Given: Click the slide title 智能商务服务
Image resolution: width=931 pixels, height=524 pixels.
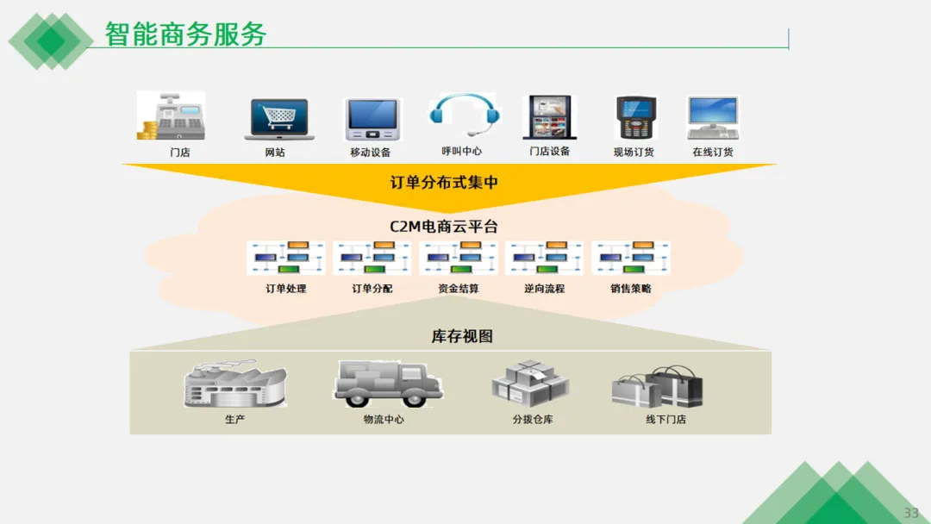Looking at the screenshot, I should (185, 34).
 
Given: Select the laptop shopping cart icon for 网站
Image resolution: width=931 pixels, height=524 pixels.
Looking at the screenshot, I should (279, 119).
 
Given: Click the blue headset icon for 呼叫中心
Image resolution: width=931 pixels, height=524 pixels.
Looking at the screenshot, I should (465, 115).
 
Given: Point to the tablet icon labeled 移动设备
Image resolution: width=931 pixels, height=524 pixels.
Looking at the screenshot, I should (372, 119).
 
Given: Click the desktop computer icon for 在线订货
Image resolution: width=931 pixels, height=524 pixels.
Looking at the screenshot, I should (713, 117).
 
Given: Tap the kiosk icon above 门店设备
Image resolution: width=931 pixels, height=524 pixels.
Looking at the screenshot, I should (549, 117).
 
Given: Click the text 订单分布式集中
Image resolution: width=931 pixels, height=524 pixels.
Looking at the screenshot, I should (444, 183).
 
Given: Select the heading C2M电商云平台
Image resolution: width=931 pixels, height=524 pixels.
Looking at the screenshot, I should (444, 227).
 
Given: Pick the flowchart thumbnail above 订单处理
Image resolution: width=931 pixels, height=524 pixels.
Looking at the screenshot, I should (286, 258).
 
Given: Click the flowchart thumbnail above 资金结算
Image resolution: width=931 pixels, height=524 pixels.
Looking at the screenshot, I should (459, 258).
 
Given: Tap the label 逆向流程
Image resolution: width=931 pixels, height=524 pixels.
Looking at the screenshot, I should (545, 289).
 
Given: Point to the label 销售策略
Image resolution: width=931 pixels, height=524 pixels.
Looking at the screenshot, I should (631, 289).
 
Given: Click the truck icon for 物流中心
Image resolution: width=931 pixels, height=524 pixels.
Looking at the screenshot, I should (386, 384).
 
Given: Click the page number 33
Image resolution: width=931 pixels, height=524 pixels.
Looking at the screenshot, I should (911, 513).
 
